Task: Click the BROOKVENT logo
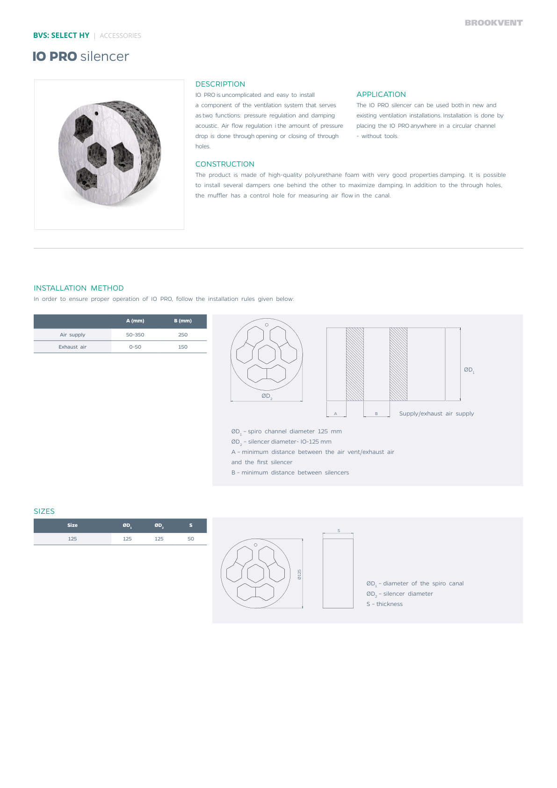click(493, 22)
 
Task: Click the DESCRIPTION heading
click(220, 84)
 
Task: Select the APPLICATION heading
click(381, 95)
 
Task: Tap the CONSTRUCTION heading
click(224, 164)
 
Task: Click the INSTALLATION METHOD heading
click(79, 288)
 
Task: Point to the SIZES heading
click(44, 511)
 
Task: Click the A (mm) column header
click(135, 321)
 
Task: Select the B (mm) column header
click(183, 321)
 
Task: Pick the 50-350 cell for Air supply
click(135, 335)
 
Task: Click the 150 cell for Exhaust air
click(183, 347)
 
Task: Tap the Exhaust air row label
click(72, 347)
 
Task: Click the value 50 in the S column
click(191, 539)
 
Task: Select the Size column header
click(72, 525)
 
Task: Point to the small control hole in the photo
click(96, 113)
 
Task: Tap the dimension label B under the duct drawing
click(376, 414)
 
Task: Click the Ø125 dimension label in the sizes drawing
click(299, 574)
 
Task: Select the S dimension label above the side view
click(339, 531)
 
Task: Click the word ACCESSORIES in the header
click(120, 36)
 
